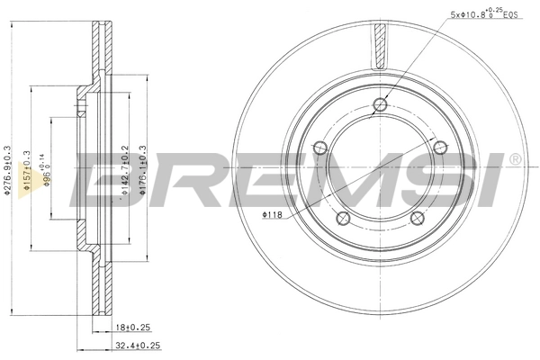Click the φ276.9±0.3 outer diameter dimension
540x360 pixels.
7,171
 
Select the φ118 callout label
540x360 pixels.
273,214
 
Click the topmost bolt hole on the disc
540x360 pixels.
379,106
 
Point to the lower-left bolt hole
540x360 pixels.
342,218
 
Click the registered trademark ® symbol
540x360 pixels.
514,159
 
